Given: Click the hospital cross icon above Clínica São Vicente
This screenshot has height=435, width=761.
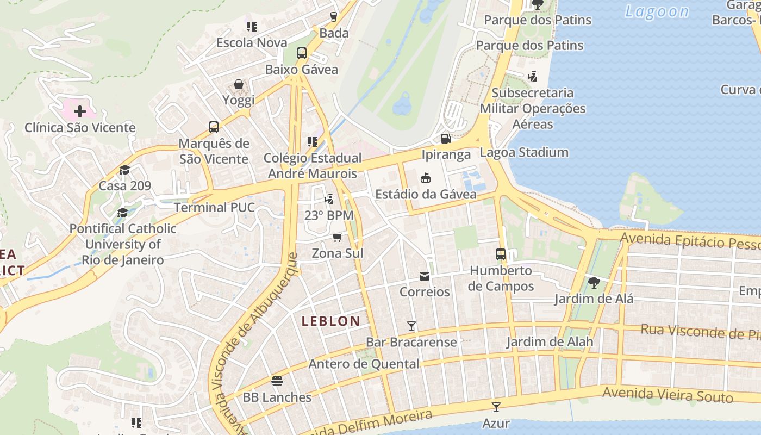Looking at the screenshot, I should pyautogui.click(x=80, y=111).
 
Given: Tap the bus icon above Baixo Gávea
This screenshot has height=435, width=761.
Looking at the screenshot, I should pyautogui.click(x=302, y=53).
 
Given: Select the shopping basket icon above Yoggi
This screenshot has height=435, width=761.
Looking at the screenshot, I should pyautogui.click(x=239, y=84).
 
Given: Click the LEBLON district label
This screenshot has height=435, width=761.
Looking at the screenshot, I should pyautogui.click(x=330, y=321).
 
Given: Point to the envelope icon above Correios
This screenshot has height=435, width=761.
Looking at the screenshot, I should pyautogui.click(x=425, y=276).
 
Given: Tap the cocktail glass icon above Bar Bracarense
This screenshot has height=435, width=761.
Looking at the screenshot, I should pyautogui.click(x=411, y=326).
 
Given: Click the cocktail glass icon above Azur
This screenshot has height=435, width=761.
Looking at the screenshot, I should pyautogui.click(x=496, y=407).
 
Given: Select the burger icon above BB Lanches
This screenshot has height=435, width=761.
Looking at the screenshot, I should pyautogui.click(x=277, y=381).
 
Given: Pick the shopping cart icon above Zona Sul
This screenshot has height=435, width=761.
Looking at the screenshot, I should pyautogui.click(x=337, y=237).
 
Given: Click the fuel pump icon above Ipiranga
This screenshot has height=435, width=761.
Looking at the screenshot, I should pyautogui.click(x=446, y=139).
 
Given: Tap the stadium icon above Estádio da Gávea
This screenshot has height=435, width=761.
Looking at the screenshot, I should pyautogui.click(x=426, y=178).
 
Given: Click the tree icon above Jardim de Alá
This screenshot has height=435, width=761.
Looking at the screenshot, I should pyautogui.click(x=594, y=283).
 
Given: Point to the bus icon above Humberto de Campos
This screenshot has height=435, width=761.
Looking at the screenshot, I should pyautogui.click(x=500, y=254).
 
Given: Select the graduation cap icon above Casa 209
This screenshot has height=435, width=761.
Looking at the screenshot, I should pyautogui.click(x=124, y=170).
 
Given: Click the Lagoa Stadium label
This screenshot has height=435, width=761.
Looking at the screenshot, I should pyautogui.click(x=524, y=153).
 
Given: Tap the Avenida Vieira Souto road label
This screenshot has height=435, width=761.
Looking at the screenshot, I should pyautogui.click(x=668, y=394).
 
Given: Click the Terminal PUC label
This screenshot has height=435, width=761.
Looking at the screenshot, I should pyautogui.click(x=214, y=207).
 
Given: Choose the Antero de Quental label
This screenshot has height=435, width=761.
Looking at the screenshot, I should pyautogui.click(x=364, y=364).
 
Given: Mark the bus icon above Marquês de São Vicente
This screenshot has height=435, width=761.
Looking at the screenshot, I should pyautogui.click(x=214, y=127).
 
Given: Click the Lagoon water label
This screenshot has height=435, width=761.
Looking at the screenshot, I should pyautogui.click(x=657, y=11).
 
